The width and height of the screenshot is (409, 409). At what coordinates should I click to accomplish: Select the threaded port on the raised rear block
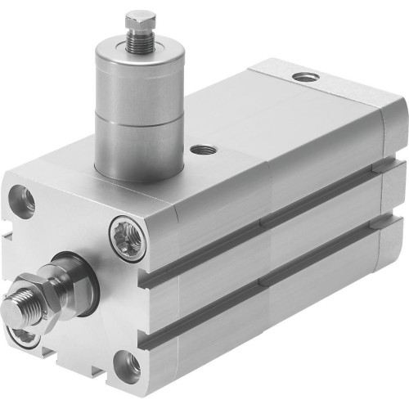coord(307,77)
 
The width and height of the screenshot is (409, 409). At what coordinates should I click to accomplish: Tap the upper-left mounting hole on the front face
coord(23,199)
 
